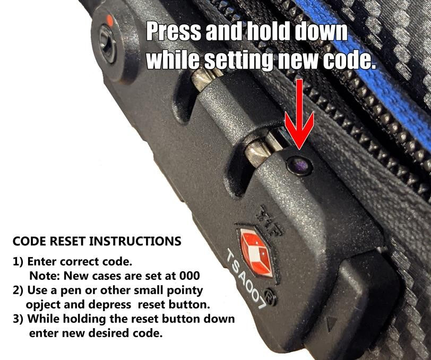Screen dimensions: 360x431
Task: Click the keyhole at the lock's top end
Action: pyautogui.click(x=108, y=46)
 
